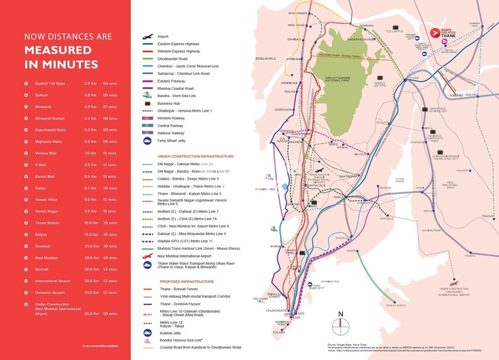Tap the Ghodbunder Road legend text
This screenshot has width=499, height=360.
[x=173, y=59]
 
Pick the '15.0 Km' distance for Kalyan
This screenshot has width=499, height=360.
[x=91, y=234]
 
